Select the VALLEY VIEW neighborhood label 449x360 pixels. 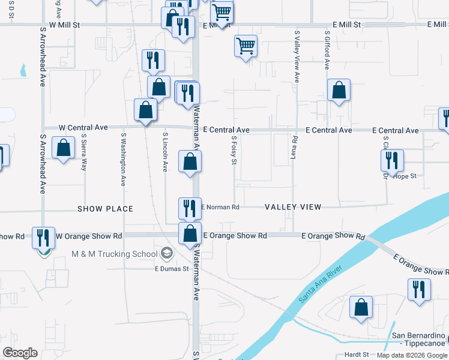pos(293,207)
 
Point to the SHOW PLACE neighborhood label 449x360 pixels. pos(105,209)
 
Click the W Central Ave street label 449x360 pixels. pos(83,128)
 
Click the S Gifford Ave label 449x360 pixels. pos(327,51)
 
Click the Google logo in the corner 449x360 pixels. pos(20,353)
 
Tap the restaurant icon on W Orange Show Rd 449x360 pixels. pos(43,238)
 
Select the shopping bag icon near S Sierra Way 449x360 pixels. pos(63,148)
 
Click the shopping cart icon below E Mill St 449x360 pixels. pos(246,45)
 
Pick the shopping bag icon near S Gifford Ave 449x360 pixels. pos(339,91)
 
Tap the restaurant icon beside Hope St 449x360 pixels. pos(392,160)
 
